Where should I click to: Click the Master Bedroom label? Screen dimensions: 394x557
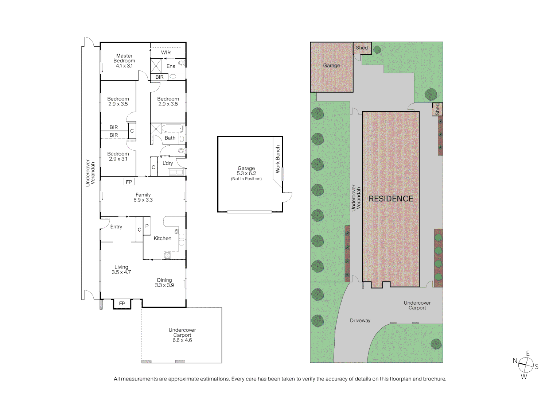tap(124, 61)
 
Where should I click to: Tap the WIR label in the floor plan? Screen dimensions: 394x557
tap(166, 53)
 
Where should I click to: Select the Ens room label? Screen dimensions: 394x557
tap(171, 66)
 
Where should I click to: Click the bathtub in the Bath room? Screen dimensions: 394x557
tap(172, 128)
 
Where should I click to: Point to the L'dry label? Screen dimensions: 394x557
tap(168, 163)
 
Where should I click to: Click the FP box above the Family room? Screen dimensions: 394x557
tap(129, 182)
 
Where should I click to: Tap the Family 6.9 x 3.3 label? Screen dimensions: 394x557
tap(143, 197)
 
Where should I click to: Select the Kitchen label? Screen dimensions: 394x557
tap(162, 238)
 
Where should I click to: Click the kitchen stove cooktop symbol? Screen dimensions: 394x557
tap(167, 255)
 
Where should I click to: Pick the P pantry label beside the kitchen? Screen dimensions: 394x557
tap(147, 226)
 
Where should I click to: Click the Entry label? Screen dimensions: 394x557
tap(116, 227)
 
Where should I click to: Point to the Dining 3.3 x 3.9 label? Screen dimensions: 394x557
tap(164, 283)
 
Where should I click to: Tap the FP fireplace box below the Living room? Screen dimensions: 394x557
tap(122, 304)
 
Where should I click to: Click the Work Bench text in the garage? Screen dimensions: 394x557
tap(278, 159)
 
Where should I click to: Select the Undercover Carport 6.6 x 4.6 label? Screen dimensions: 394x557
tap(182, 335)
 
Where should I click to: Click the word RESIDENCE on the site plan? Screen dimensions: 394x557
tap(391, 199)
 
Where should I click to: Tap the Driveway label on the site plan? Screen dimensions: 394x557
tap(360, 320)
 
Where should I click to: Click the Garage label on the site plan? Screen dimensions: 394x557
tap(331, 66)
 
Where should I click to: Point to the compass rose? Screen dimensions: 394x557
tap(526, 365)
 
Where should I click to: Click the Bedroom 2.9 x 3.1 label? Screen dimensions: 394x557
tap(118, 157)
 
